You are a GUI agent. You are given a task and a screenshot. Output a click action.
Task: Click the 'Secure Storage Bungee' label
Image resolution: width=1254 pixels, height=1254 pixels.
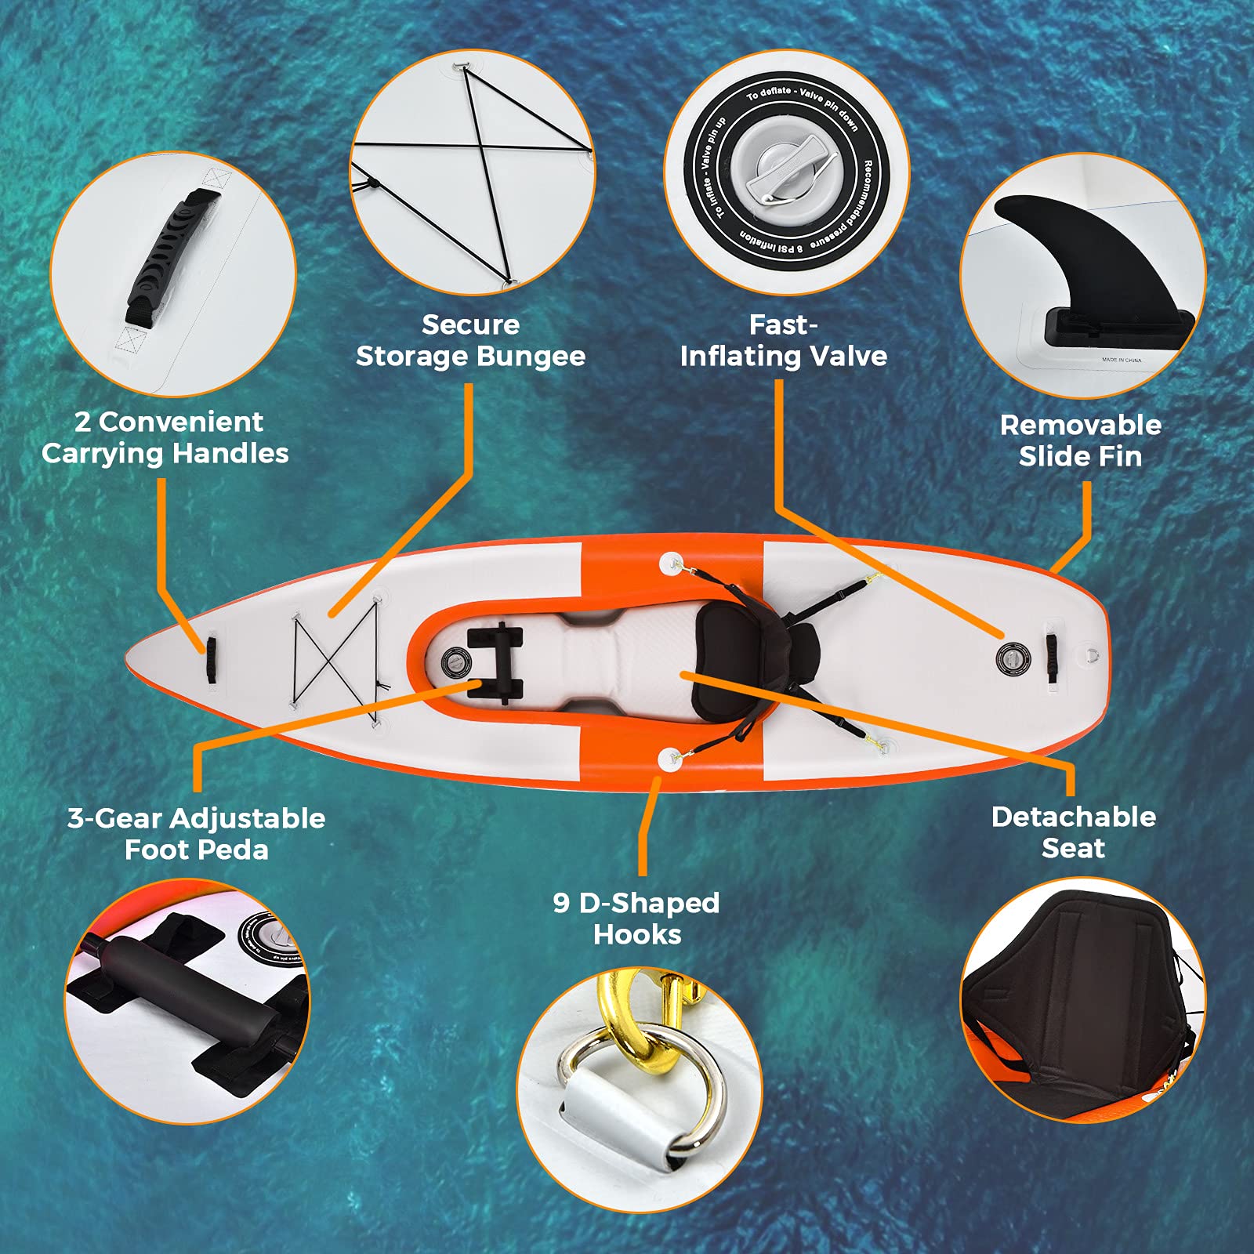[470, 341]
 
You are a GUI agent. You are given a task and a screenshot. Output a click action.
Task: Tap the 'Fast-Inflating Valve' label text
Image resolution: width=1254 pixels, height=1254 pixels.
[783, 341]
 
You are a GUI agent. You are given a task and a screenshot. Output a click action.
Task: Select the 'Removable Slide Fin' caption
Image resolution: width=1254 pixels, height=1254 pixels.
[1080, 440]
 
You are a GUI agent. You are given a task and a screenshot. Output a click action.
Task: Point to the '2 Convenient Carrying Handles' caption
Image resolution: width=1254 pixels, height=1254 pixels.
[165, 437]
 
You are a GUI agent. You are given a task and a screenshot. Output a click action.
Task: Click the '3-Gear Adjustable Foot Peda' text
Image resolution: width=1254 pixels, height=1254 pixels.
[196, 834]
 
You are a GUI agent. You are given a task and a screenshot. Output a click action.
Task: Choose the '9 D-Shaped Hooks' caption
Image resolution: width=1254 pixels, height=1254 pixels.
[636, 919]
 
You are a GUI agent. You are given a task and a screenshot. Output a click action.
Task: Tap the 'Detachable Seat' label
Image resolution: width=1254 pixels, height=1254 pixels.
[1073, 832]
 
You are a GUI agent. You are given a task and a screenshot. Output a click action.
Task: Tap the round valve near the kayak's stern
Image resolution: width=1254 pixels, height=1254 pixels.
[1013, 657]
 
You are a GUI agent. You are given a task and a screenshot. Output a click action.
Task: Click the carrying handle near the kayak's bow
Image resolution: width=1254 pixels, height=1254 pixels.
[211, 656]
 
